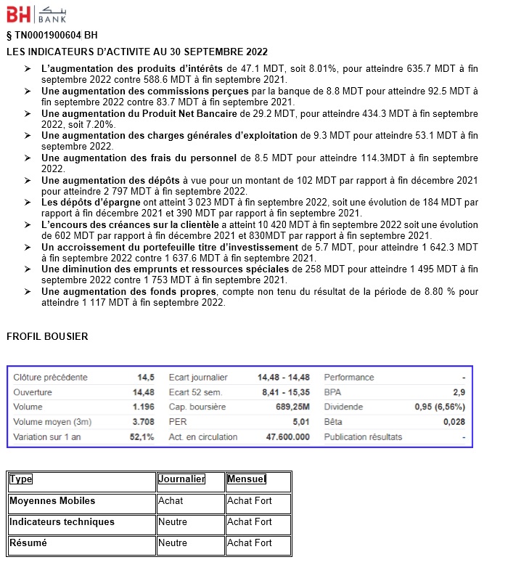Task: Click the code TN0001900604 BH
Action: (x=52, y=35)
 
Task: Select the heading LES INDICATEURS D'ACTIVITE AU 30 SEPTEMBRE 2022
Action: (x=137, y=52)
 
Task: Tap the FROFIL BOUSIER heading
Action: (x=47, y=336)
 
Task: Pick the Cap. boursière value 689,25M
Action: (x=290, y=407)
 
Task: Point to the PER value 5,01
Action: (x=300, y=422)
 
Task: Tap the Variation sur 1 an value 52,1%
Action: (x=142, y=437)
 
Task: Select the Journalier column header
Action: (x=181, y=479)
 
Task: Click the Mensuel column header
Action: (x=247, y=479)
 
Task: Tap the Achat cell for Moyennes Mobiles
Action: (x=171, y=500)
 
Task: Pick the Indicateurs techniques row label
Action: (x=62, y=521)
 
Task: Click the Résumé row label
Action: (x=28, y=542)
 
